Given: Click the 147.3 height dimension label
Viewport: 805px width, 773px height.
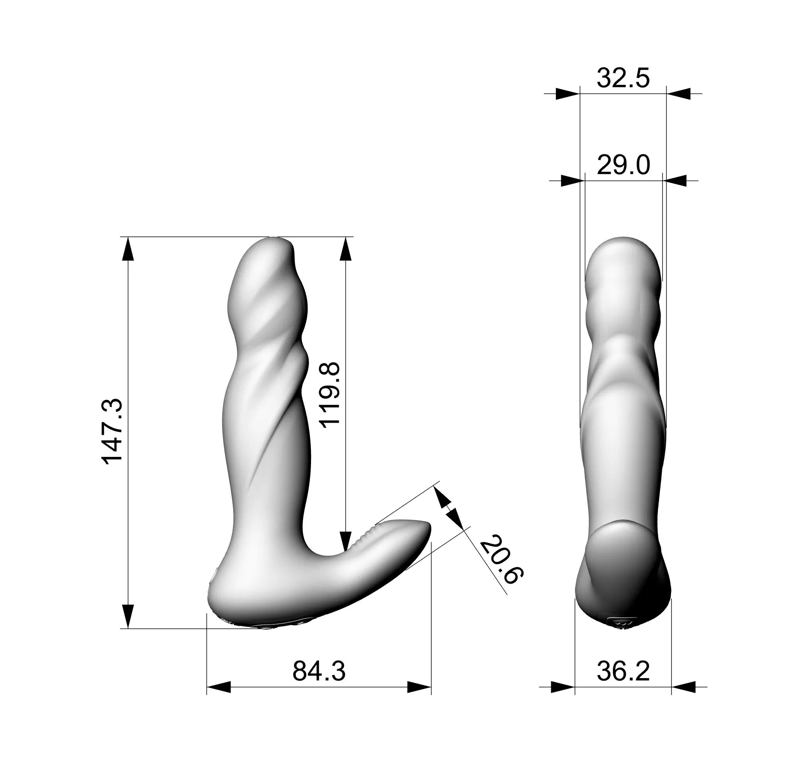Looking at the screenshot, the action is tap(112, 431).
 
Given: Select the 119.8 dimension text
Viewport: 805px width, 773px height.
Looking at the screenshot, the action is tap(330, 395).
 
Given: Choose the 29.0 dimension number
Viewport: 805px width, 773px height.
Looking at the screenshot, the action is tap(623, 165).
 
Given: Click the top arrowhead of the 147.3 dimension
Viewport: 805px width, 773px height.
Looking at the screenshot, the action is tap(128, 248).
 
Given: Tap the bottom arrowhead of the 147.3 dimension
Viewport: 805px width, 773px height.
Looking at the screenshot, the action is tap(128, 616).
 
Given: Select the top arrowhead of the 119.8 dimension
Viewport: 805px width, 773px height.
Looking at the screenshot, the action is tap(346, 248).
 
